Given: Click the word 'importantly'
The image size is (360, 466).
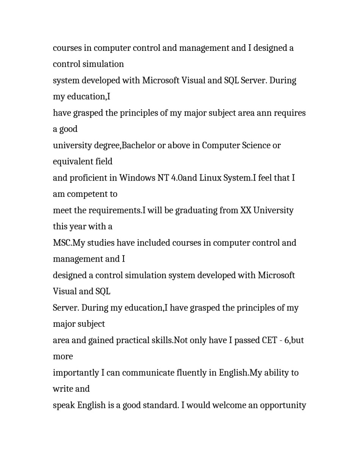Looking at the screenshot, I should [x=76, y=373].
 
